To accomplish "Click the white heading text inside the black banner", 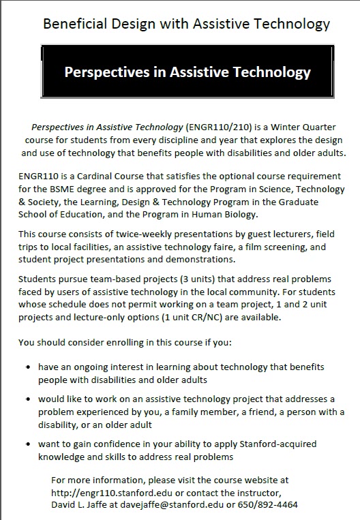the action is [x=187, y=72].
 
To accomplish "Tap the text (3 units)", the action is [x=167, y=279].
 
